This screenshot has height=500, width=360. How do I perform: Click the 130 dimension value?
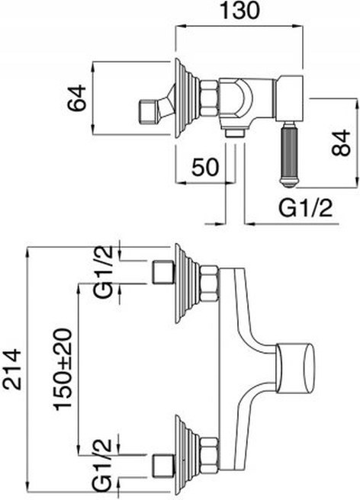241,10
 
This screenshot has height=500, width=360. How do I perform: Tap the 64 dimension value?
79,98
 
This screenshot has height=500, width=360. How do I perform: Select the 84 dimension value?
341,143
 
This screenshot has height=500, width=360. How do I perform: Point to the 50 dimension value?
205,167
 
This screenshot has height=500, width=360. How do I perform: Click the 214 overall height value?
12,369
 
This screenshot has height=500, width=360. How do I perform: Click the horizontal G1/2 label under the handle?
305,209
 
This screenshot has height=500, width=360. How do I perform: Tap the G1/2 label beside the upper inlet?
104,271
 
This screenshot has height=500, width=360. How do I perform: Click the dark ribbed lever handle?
290,154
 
